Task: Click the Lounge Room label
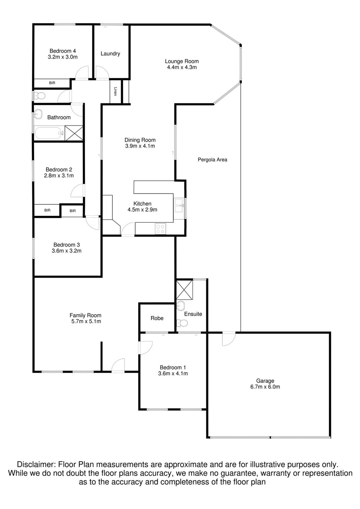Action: point(182,61)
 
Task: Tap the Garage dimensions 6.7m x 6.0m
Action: point(265,387)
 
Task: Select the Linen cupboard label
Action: point(116,91)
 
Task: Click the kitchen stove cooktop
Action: point(160,229)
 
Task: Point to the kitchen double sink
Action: point(180,206)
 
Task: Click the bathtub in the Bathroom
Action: point(49,133)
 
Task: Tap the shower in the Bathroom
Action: point(74,133)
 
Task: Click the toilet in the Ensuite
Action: point(182,323)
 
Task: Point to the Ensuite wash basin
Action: point(180,306)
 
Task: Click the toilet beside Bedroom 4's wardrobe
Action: point(39,96)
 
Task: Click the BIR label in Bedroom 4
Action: point(52,83)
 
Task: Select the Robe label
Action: point(157,318)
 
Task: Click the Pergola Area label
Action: point(212,160)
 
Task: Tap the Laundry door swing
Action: point(102,73)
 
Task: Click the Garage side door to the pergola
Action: point(229,339)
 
